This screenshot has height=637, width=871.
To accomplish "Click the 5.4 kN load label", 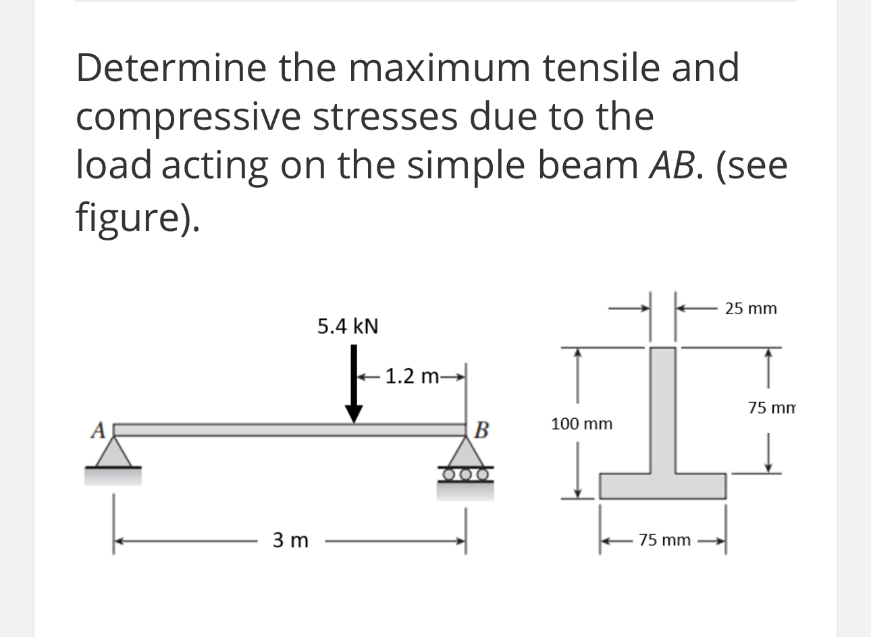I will click(348, 327).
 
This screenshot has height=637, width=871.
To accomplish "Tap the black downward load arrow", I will click(354, 385).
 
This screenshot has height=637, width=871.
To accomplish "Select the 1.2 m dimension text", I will click(412, 376).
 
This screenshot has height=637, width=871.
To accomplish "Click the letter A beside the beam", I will click(99, 428).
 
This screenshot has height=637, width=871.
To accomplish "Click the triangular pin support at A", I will click(113, 452).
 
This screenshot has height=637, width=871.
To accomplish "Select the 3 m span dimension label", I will click(290, 541).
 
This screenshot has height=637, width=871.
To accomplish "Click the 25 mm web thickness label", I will click(751, 309).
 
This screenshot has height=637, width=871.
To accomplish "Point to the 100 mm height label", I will click(581, 424).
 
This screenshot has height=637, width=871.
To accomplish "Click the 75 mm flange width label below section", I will click(664, 540).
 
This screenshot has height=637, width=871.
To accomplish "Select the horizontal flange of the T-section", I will click(663, 486).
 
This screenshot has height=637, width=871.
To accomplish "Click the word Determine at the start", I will click(171, 68).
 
